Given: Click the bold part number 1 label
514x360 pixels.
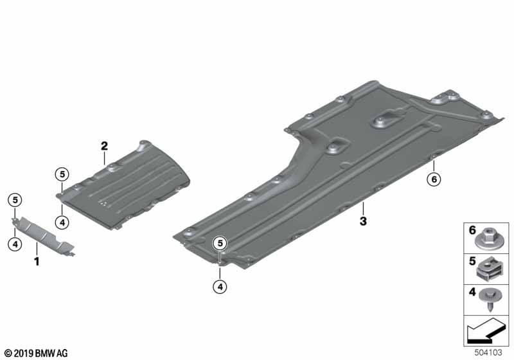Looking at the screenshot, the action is click(x=37, y=262).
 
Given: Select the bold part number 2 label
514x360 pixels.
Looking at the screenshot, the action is click(x=104, y=146).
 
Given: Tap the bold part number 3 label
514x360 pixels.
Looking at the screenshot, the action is click(x=363, y=221).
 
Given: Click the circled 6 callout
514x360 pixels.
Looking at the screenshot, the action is click(x=434, y=179).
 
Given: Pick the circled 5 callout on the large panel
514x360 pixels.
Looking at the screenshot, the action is click(x=220, y=243).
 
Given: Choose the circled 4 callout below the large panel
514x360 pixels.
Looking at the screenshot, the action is click(x=220, y=287).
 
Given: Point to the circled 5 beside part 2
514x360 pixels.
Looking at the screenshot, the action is click(x=62, y=174).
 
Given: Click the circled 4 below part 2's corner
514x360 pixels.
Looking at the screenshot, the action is click(x=62, y=222).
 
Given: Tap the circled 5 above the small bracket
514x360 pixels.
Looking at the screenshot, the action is click(x=15, y=200).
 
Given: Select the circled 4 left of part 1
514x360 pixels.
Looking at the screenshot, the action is click(x=15, y=244).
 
